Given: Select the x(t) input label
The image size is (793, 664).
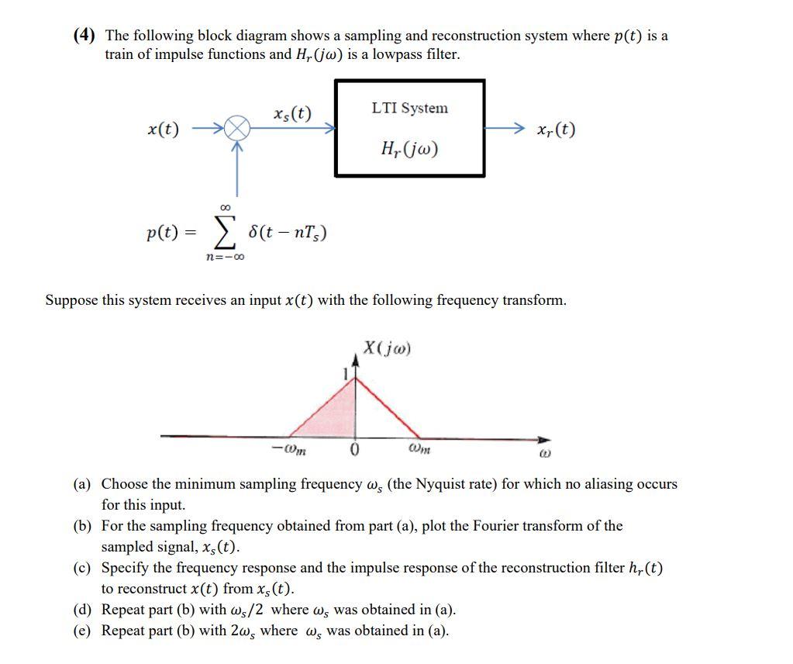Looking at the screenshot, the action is coord(163,130).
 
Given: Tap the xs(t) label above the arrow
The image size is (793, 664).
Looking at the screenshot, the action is coord(292,114).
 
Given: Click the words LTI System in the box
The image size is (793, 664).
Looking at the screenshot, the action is coord(409,108).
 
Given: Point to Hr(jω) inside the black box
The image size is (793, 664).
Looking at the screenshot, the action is coord(410,147).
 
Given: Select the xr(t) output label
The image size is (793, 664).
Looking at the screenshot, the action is coord(556,130).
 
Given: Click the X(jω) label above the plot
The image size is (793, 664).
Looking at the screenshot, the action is coord(387,348).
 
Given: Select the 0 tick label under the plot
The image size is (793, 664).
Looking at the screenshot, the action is coord(356,451).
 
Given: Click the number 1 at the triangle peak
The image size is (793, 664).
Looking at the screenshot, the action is coord(347,375).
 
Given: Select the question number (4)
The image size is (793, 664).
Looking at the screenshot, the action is coord(85,36).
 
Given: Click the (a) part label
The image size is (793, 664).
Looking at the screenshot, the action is coord(82,484).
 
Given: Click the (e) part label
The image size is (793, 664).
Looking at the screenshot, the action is coord(82,630).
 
